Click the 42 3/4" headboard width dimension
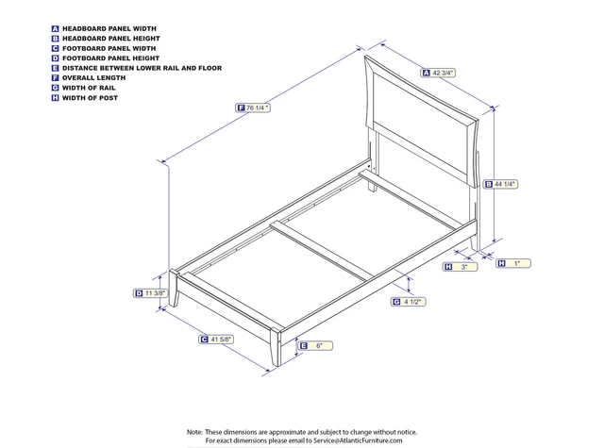pyautogui.click(x=443, y=73)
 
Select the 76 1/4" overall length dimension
pyautogui.click(x=259, y=108)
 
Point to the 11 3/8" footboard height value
pyautogui.click(x=156, y=293)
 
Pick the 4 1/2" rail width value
pyautogui.click(x=412, y=302)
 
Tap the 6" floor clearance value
pyautogui.click(x=320, y=347)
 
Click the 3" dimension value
pyautogui.click(x=463, y=268)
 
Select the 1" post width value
pyautogui.click(x=517, y=263)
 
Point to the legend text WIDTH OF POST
pyautogui.click(x=90, y=98)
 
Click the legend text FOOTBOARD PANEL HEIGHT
pyautogui.click(x=106, y=58)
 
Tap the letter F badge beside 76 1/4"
pyautogui.click(x=242, y=108)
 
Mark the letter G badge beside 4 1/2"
pyautogui.click(x=396, y=302)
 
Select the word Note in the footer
pyautogui.click(x=194, y=430)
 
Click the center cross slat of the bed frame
pyautogui.click(x=321, y=251)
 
